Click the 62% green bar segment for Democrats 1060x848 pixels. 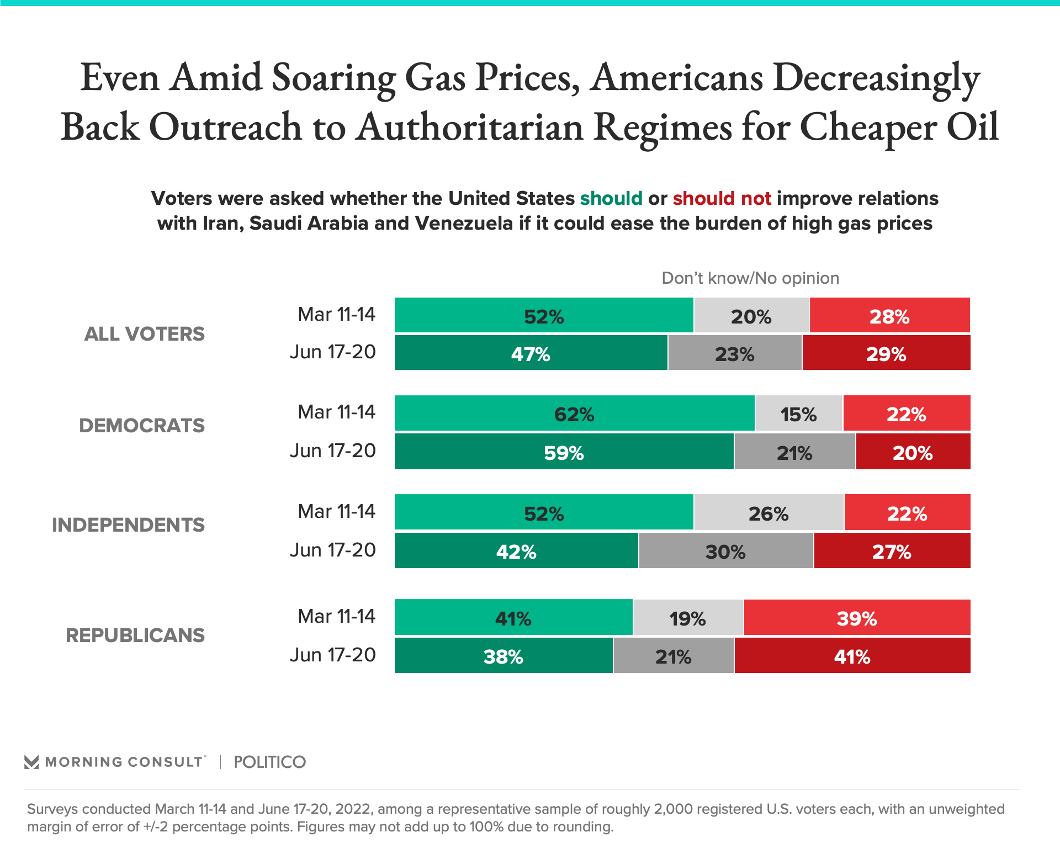tap(574, 414)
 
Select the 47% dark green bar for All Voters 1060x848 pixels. tap(531, 353)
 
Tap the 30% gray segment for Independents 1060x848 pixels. tap(725, 551)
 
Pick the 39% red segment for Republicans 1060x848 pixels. tap(856, 618)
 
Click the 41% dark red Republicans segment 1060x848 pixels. tap(852, 656)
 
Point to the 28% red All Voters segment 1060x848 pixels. tap(889, 316)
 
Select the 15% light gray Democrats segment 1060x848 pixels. tap(798, 414)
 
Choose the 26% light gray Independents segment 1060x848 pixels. tap(768, 513)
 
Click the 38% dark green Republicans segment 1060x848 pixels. tap(503, 656)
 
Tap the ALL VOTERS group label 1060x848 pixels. tap(144, 334)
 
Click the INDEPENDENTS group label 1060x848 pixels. tap(128, 525)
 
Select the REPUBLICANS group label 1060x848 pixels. tap(135, 635)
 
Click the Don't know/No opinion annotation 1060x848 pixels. tap(750, 278)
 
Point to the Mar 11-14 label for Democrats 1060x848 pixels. tap(336, 412)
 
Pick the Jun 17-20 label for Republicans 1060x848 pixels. tap(332, 655)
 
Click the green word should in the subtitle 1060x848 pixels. tap(611, 198)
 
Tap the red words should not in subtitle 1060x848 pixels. tap(722, 198)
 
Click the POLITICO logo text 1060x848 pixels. tap(269, 762)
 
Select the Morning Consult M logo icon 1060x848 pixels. tap(31, 762)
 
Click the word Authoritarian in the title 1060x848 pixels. tap(469, 127)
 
